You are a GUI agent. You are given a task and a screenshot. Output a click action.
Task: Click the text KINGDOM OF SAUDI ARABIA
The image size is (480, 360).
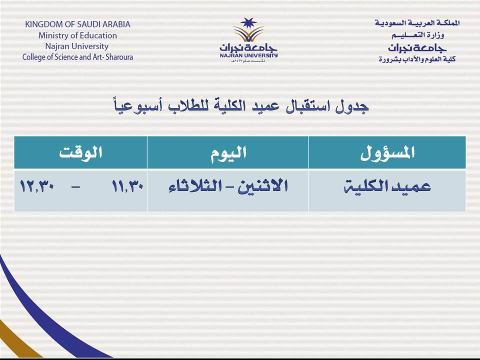pos(78,24)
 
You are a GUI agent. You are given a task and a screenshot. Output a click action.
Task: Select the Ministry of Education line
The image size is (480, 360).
pos(77,35)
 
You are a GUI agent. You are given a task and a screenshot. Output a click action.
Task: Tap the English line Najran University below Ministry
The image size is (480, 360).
pos(77,46)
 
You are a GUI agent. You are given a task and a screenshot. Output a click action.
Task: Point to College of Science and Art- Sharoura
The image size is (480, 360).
pos(77,57)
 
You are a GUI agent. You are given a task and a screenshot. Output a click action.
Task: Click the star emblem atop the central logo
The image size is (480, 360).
pos(248,23)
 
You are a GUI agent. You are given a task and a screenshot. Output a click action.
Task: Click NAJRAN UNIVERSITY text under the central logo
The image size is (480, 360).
pos(248,55)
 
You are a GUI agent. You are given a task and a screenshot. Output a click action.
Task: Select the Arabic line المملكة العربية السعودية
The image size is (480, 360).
pos(417,23)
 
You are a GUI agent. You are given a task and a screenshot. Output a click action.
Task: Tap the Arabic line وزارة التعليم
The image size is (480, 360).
pos(418,35)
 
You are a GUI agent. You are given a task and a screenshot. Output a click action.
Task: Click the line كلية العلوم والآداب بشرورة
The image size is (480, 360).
pos(417,59)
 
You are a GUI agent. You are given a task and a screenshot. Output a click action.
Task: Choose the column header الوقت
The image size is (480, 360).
pos(80,152)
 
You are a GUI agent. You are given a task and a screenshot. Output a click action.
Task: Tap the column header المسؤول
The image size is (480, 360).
pos(387,152)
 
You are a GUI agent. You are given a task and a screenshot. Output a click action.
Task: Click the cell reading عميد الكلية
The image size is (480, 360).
pos(387,186)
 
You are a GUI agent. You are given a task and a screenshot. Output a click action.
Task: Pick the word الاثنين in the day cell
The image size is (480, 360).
pos(262,186)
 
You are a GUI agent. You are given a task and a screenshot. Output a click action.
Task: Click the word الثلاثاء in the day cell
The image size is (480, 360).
pos(195,186)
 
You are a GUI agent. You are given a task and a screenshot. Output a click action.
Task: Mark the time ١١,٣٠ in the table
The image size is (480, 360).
pos(127,186)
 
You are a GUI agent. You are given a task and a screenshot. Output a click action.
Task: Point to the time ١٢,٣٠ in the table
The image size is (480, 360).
pos(36,186)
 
